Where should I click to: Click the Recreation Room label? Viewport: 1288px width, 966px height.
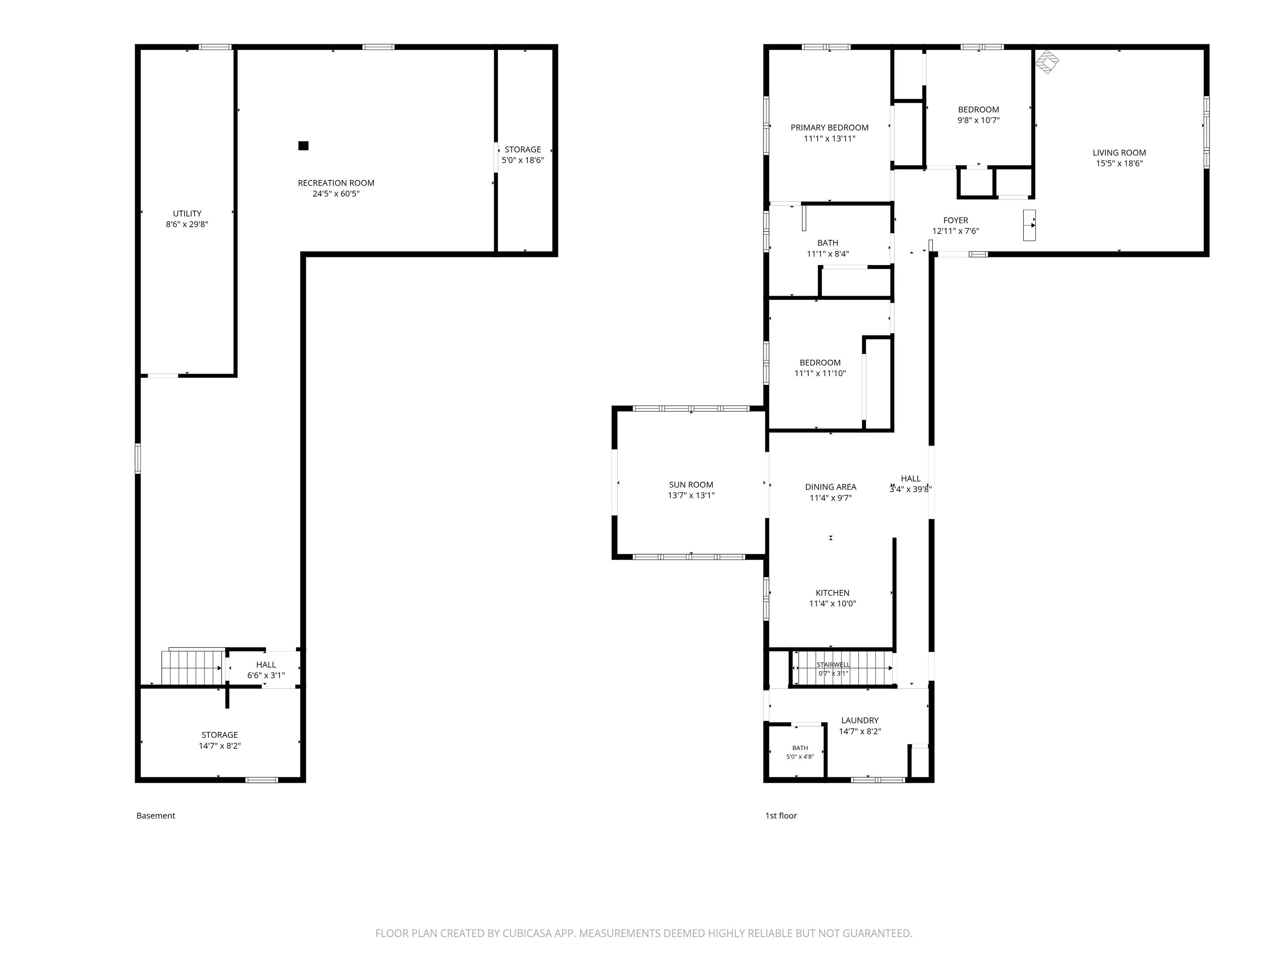336,183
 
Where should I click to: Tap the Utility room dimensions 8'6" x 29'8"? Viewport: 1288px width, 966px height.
187,224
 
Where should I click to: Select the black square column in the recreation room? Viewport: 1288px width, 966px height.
304,145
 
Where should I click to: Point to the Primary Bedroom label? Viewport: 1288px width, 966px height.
829,127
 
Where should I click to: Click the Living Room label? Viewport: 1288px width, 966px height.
1119,153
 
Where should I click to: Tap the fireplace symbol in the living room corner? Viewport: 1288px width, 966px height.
1047,61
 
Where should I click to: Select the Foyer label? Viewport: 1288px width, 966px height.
956,220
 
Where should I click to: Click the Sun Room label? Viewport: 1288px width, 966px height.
691,484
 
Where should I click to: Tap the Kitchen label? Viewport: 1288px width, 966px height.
833,593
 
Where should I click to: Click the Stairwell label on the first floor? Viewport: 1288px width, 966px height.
833,665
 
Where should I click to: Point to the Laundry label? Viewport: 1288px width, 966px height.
860,720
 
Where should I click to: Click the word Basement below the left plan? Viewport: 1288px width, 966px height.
156,816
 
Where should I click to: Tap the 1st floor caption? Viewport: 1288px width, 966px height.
781,816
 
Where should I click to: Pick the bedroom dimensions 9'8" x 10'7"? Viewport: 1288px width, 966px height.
978,120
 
